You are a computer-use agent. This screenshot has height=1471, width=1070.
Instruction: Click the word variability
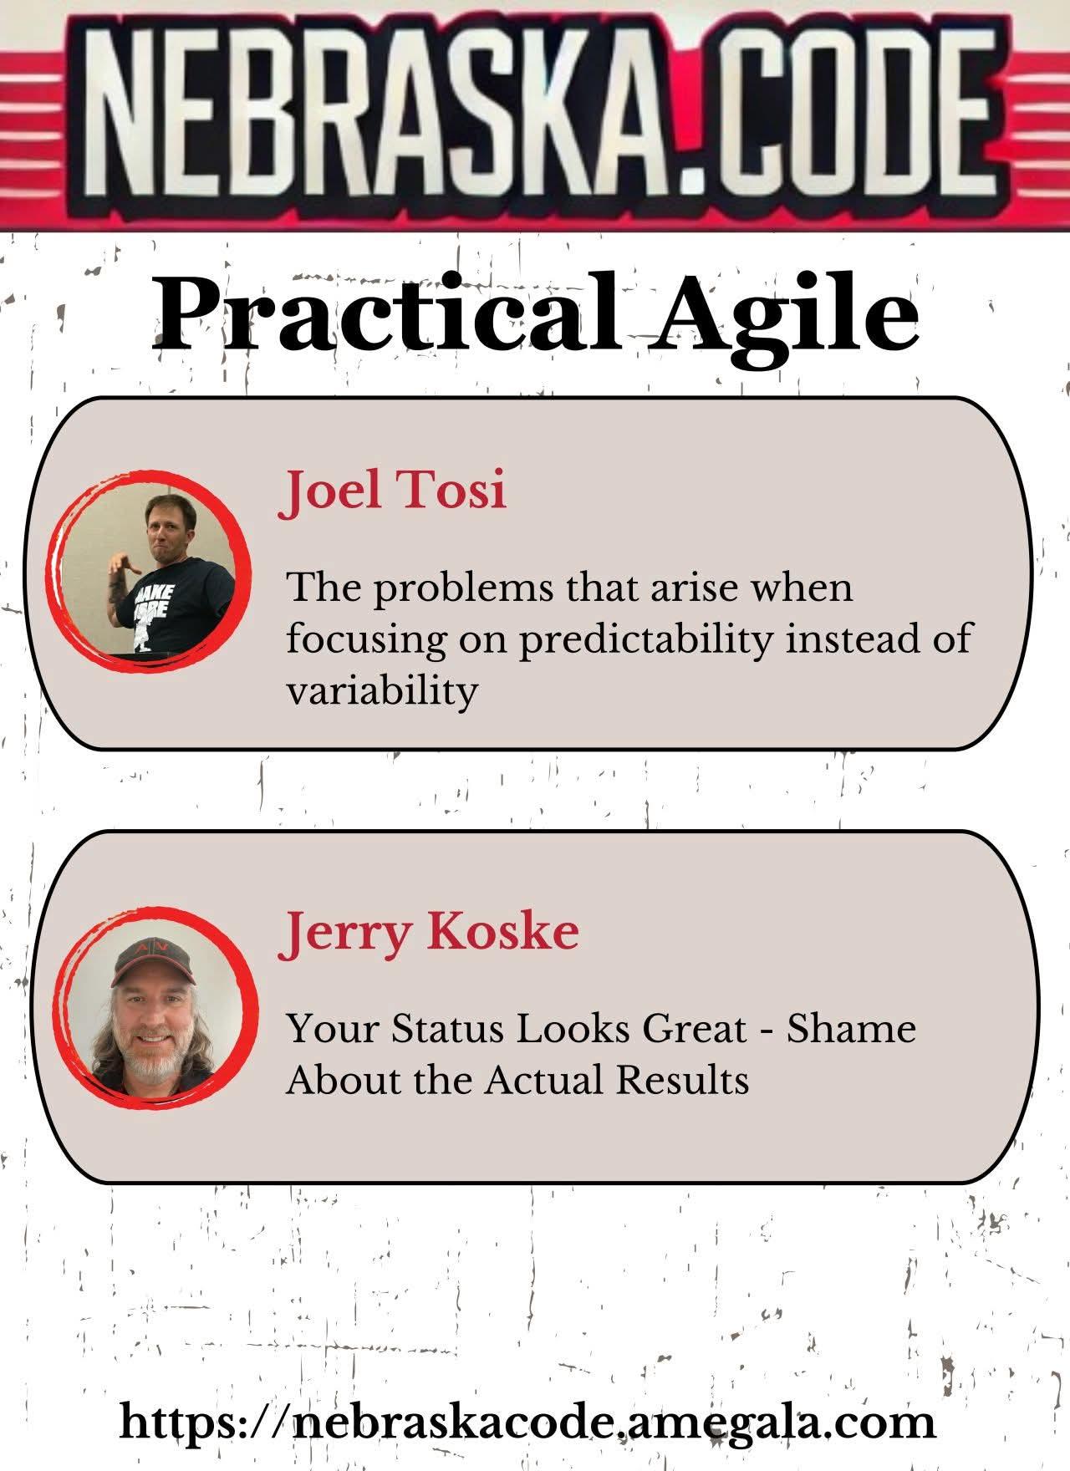pyautogui.click(x=382, y=692)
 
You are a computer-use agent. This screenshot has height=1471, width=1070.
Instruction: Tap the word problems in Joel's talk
pyautogui.click(x=462, y=590)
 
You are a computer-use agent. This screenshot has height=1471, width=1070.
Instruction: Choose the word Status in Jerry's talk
pyautogui.click(x=447, y=1028)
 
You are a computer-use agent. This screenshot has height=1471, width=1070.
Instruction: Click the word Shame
pyautogui.click(x=852, y=1028)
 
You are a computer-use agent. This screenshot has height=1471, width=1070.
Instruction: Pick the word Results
pyautogui.click(x=683, y=1080)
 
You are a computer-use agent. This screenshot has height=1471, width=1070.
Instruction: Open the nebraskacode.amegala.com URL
pyautogui.click(x=527, y=1422)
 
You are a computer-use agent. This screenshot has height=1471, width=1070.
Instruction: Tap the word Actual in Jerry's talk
pyautogui.click(x=547, y=1080)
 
